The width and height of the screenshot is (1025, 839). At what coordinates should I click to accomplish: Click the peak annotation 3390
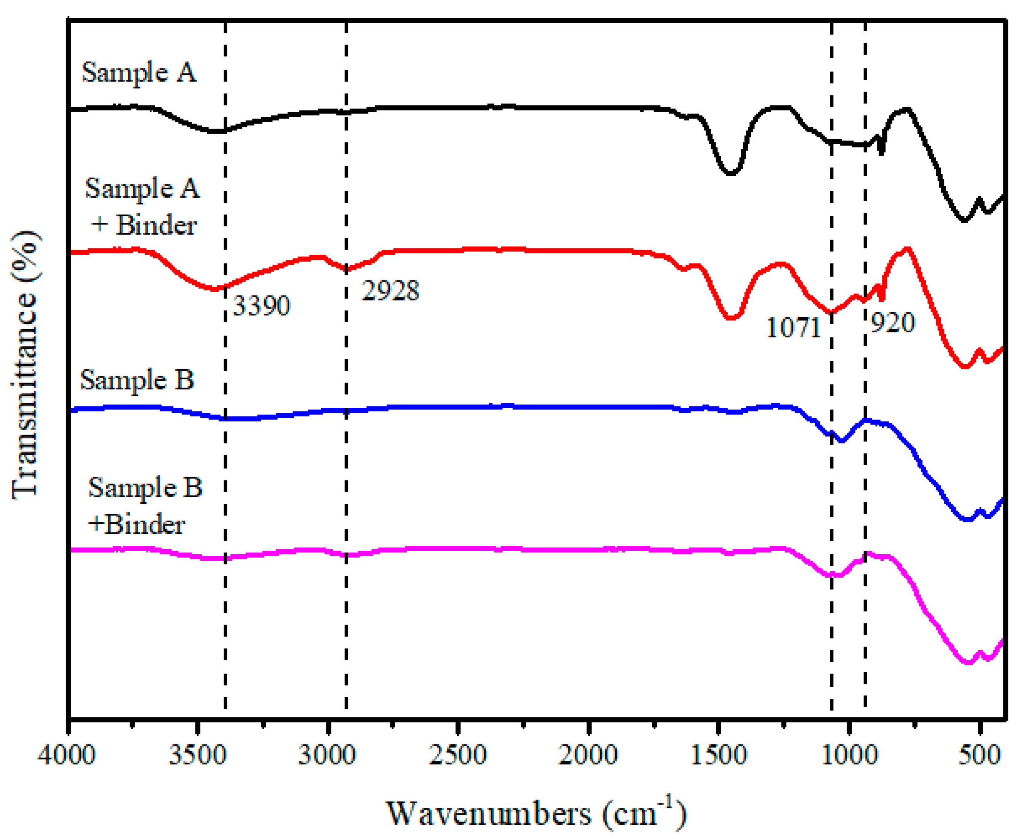261,306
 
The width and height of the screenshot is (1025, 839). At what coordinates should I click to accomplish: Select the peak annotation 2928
390,291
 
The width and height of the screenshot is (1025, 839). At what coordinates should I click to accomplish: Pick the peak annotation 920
893,323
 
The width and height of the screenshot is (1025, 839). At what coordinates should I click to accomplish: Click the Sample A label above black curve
139,73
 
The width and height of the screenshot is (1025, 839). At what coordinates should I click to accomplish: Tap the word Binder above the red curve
156,225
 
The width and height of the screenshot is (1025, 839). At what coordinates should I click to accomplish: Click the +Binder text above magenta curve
136,525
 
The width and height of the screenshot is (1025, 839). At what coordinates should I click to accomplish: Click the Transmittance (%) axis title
24,365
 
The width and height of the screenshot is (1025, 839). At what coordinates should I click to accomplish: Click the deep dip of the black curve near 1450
730,173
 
